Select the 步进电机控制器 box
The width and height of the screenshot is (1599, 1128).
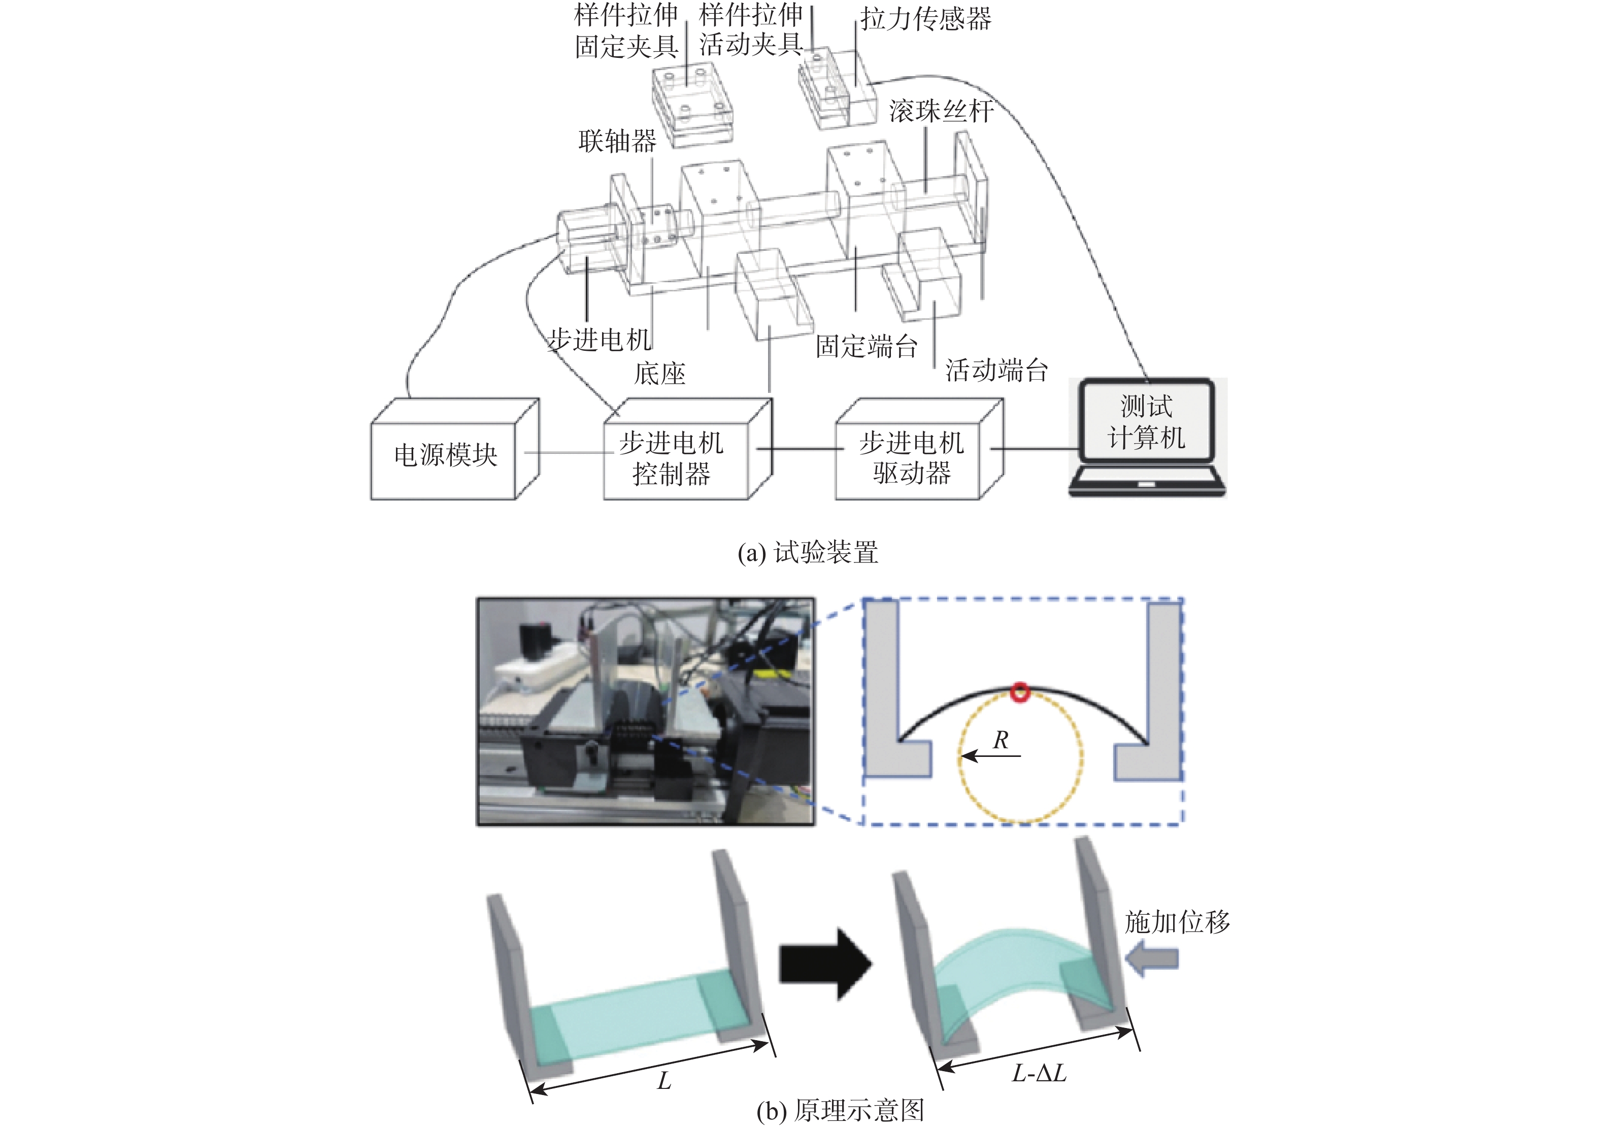coord(673,457)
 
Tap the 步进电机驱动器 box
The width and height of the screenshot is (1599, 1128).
coord(911,457)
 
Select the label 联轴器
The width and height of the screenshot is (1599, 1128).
coord(617,141)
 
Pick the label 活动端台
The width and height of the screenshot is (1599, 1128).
coord(996,370)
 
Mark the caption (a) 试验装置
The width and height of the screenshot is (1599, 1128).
coord(808,552)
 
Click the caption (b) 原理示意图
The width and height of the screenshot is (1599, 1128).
coord(840,1110)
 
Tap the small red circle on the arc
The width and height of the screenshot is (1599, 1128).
coord(1020,692)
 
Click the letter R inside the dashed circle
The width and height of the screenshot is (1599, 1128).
coord(1001,740)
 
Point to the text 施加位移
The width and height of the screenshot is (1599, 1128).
coord(1177,922)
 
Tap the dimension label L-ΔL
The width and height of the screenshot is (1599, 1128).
coord(1039,1073)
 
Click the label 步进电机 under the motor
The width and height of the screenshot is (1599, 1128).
coord(599,340)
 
